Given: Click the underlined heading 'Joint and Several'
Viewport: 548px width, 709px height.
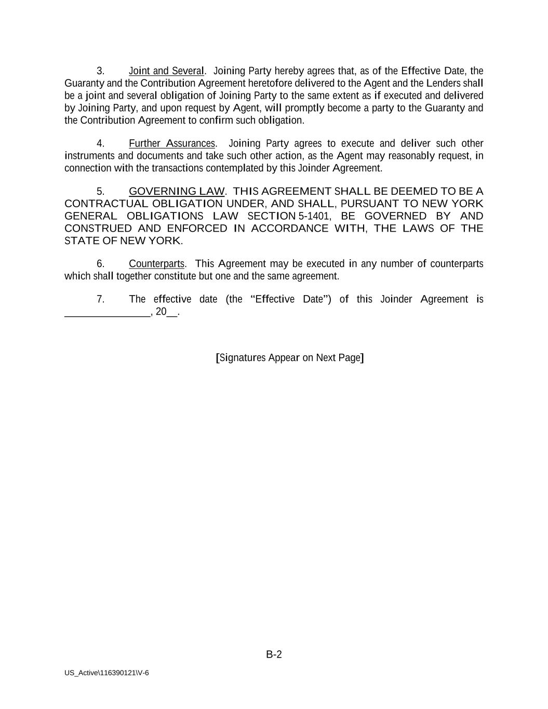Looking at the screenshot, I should [166, 71].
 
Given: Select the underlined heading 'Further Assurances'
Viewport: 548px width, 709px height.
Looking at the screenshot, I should [171, 143].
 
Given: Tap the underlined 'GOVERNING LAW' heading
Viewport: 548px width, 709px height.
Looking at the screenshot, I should [177, 191].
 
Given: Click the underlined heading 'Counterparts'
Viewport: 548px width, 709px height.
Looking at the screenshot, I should [156, 264].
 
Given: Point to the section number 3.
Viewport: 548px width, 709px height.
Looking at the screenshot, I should [100, 71].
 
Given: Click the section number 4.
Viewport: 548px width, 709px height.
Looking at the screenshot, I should [100, 143].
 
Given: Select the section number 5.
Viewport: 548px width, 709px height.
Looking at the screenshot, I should [100, 191].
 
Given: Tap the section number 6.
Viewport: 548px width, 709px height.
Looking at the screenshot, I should [100, 264].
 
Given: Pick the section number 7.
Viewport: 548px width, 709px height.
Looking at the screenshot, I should [100, 299].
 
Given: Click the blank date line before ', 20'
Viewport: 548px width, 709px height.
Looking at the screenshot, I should [107, 313].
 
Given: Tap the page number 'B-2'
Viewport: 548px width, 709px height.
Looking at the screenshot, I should [274, 654].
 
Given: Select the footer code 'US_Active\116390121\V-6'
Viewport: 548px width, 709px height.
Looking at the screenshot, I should [106, 673].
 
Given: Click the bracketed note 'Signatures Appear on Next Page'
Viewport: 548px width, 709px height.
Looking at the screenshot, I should [289, 358].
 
